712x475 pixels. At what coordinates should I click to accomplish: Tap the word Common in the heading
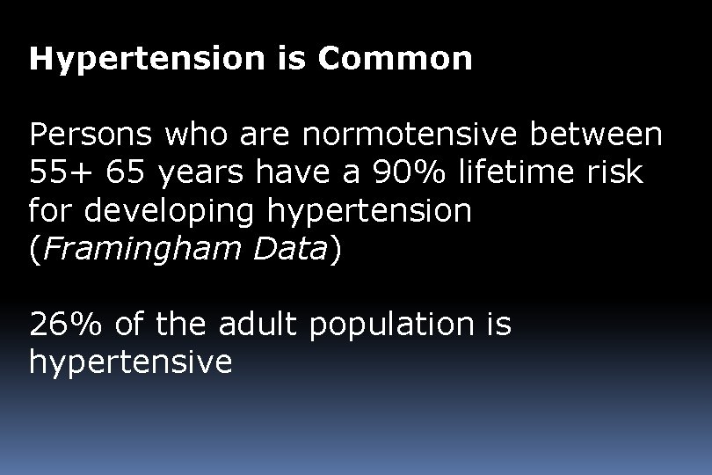point(395,59)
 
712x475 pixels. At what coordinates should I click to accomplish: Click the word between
point(601,135)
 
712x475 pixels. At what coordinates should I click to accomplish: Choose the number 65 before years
point(127,173)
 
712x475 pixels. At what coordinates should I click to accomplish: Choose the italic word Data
point(290,250)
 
